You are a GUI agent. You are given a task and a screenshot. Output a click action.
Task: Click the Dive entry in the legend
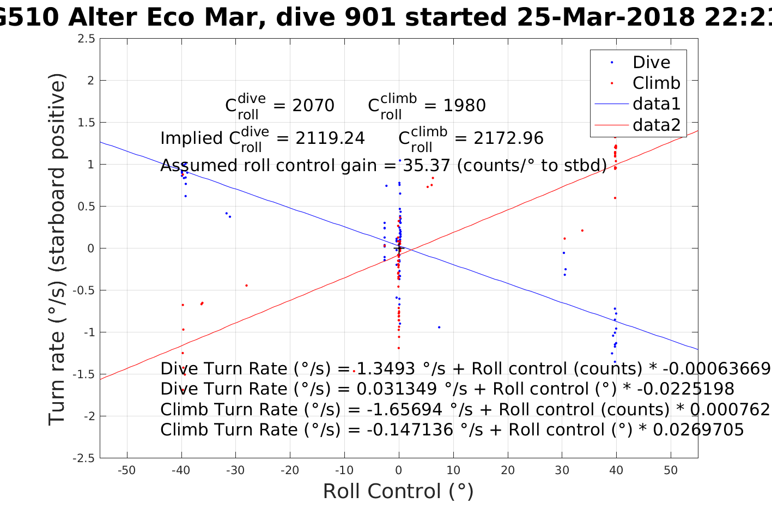coord(651,62)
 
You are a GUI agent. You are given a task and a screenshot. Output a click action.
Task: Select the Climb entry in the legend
coord(656,83)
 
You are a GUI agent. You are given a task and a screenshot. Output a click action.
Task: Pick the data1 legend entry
coord(656,104)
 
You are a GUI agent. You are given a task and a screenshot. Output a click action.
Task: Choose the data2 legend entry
coord(656,125)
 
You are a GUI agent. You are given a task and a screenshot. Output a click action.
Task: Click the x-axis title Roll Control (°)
coord(398,492)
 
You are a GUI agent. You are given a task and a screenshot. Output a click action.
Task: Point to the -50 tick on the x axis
coord(126,470)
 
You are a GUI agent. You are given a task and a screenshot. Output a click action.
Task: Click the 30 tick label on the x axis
coord(562,470)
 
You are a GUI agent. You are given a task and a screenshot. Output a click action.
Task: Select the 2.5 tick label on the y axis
coord(86,39)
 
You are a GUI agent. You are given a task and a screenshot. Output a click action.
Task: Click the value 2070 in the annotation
coord(313,105)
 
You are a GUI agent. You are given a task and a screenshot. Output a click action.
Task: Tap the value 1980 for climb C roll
coord(464,105)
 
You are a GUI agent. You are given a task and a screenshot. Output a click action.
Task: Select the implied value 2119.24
coord(330,138)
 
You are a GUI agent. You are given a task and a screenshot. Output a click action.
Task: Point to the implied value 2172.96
coord(508,138)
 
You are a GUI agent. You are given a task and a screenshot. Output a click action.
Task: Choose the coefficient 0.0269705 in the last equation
coord(698,430)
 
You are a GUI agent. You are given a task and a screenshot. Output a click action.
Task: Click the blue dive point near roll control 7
coord(439,327)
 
